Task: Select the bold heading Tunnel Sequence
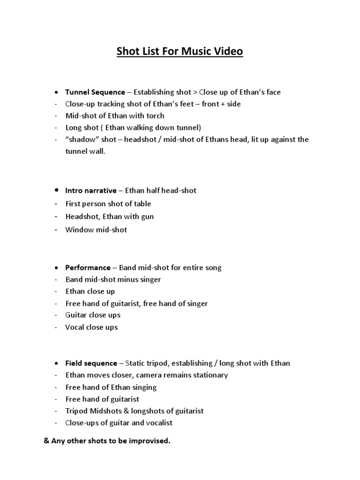[95, 92]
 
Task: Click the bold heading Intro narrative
[91, 190]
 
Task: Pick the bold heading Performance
[88, 268]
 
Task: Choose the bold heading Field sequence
[91, 363]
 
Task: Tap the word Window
[77, 230]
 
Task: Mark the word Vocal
[75, 327]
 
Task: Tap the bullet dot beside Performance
[56, 268]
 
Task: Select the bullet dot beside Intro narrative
[56, 190]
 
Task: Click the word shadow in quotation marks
[79, 140]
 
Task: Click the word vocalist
[157, 423]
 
